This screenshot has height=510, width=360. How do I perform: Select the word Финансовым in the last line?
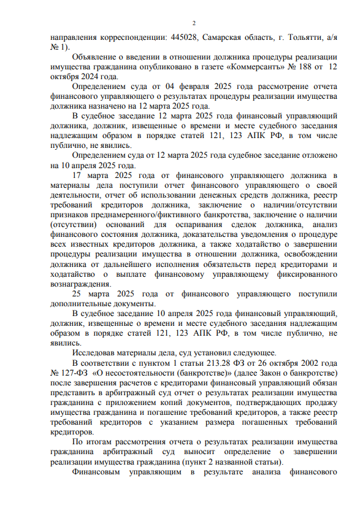pyautogui.click(x=100, y=472)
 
